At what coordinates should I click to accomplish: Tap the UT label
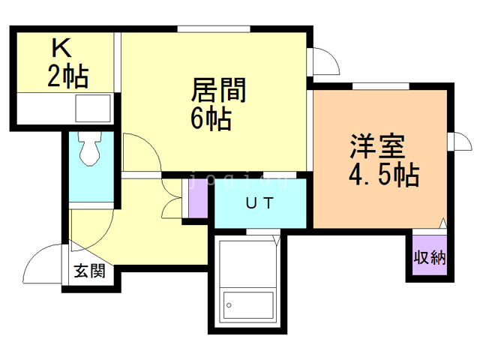pos(260,202)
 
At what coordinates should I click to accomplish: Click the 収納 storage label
pos(430,258)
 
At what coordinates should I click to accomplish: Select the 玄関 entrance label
pos(89,271)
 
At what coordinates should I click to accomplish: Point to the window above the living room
pos(214,29)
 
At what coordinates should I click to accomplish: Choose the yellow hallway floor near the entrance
pos(150,240)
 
